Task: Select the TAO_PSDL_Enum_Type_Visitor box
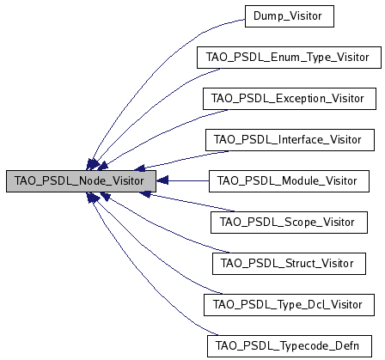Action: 288,58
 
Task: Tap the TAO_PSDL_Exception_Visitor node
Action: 288,99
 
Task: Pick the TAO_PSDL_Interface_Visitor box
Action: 288,139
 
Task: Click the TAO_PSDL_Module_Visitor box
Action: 288,180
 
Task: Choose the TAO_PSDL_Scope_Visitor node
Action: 288,222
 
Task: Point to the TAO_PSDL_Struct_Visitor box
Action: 288,262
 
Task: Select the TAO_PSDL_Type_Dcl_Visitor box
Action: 288,303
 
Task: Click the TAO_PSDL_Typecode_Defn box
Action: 288,345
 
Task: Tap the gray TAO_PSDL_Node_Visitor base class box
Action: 81,180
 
